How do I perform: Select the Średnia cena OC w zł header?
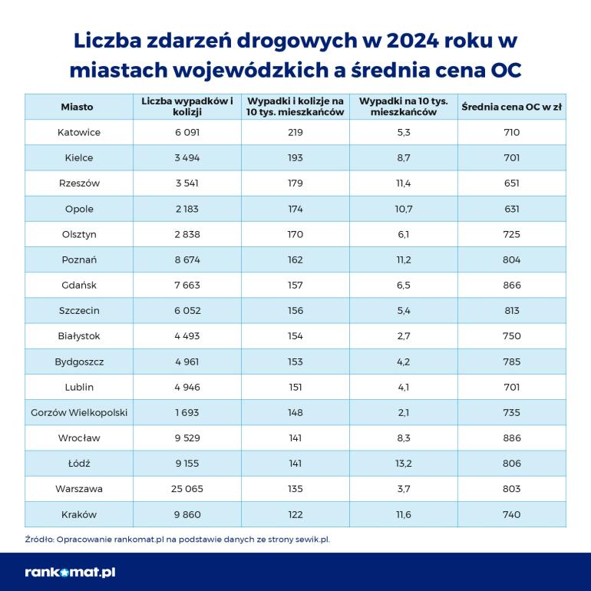point(512,107)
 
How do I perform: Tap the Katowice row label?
point(79,132)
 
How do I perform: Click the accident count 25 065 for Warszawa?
point(187,489)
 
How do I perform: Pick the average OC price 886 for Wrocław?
point(512,437)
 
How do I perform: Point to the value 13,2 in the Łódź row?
point(404,464)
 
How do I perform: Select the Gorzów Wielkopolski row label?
point(79,412)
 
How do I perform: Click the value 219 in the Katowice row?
point(295,132)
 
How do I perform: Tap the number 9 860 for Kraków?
point(187,514)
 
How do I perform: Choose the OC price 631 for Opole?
point(512,209)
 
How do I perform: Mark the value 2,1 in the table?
point(404,412)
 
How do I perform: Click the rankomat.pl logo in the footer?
point(70,572)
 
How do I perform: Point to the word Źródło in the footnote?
point(38,539)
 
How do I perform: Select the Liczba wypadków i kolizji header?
point(187,107)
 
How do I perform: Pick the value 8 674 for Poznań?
point(187,259)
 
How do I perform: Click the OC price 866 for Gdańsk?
point(512,285)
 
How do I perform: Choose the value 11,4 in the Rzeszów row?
point(404,183)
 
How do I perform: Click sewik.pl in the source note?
point(312,539)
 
